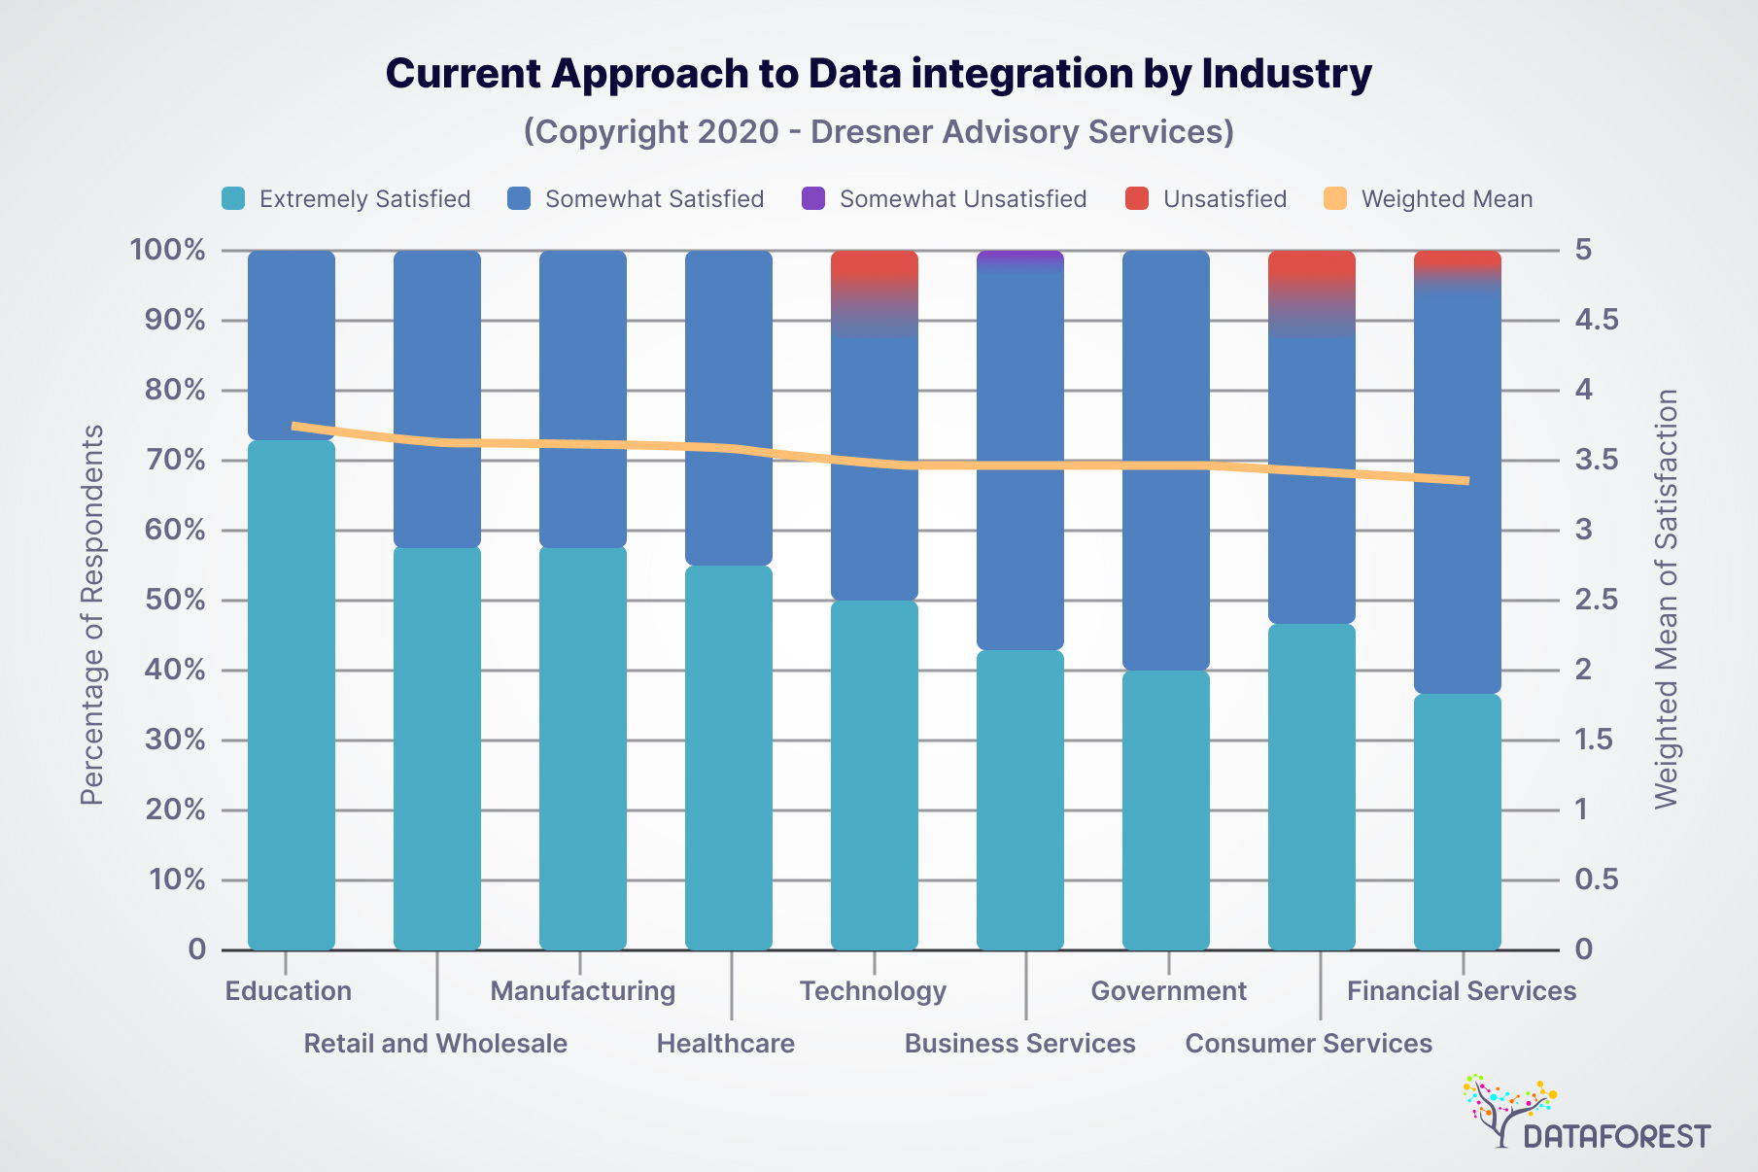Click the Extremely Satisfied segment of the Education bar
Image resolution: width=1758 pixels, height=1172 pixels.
pos(292,695)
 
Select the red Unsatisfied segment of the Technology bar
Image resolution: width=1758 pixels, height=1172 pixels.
pos(875,265)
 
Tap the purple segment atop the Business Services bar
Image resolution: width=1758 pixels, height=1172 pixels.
pos(1020,258)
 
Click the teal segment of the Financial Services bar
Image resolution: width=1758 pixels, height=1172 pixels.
pos(1458,821)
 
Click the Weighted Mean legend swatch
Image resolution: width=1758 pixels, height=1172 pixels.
pos(1335,199)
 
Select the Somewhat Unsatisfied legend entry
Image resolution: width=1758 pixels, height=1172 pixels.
pos(962,199)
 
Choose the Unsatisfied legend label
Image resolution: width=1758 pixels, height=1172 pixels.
pos(1224,199)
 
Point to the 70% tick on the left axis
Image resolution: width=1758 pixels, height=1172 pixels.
pos(175,460)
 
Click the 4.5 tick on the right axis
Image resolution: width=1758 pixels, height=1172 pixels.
pos(1597,320)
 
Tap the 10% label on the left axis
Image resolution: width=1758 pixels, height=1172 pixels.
pos(175,879)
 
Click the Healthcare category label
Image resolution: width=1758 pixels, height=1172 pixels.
pos(726,1044)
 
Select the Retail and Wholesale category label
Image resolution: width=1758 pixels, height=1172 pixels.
pos(435,1044)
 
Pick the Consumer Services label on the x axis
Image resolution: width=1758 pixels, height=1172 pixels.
pos(1309,1044)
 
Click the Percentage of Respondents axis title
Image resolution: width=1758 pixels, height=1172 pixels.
pos(92,614)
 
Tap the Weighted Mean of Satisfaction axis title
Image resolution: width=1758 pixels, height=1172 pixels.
pos(1667,599)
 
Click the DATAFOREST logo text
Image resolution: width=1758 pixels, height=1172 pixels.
pos(1616,1136)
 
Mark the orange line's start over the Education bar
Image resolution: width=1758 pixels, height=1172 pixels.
pos(294,426)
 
